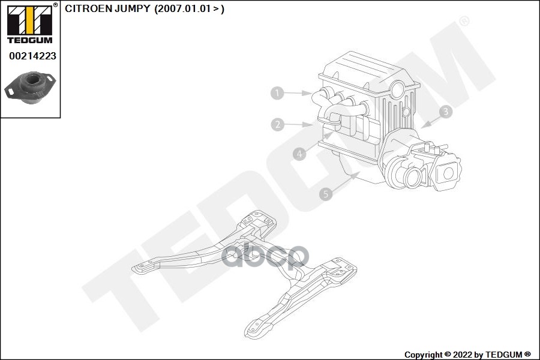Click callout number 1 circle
[277, 93]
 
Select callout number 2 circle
[277, 125]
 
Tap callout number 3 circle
[445, 112]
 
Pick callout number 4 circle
[299, 154]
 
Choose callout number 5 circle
[325, 194]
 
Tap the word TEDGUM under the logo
[29, 40]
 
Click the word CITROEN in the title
[86, 10]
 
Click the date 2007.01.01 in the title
[183, 10]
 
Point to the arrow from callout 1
[298, 93]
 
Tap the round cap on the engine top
[397, 90]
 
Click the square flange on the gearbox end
[447, 173]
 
